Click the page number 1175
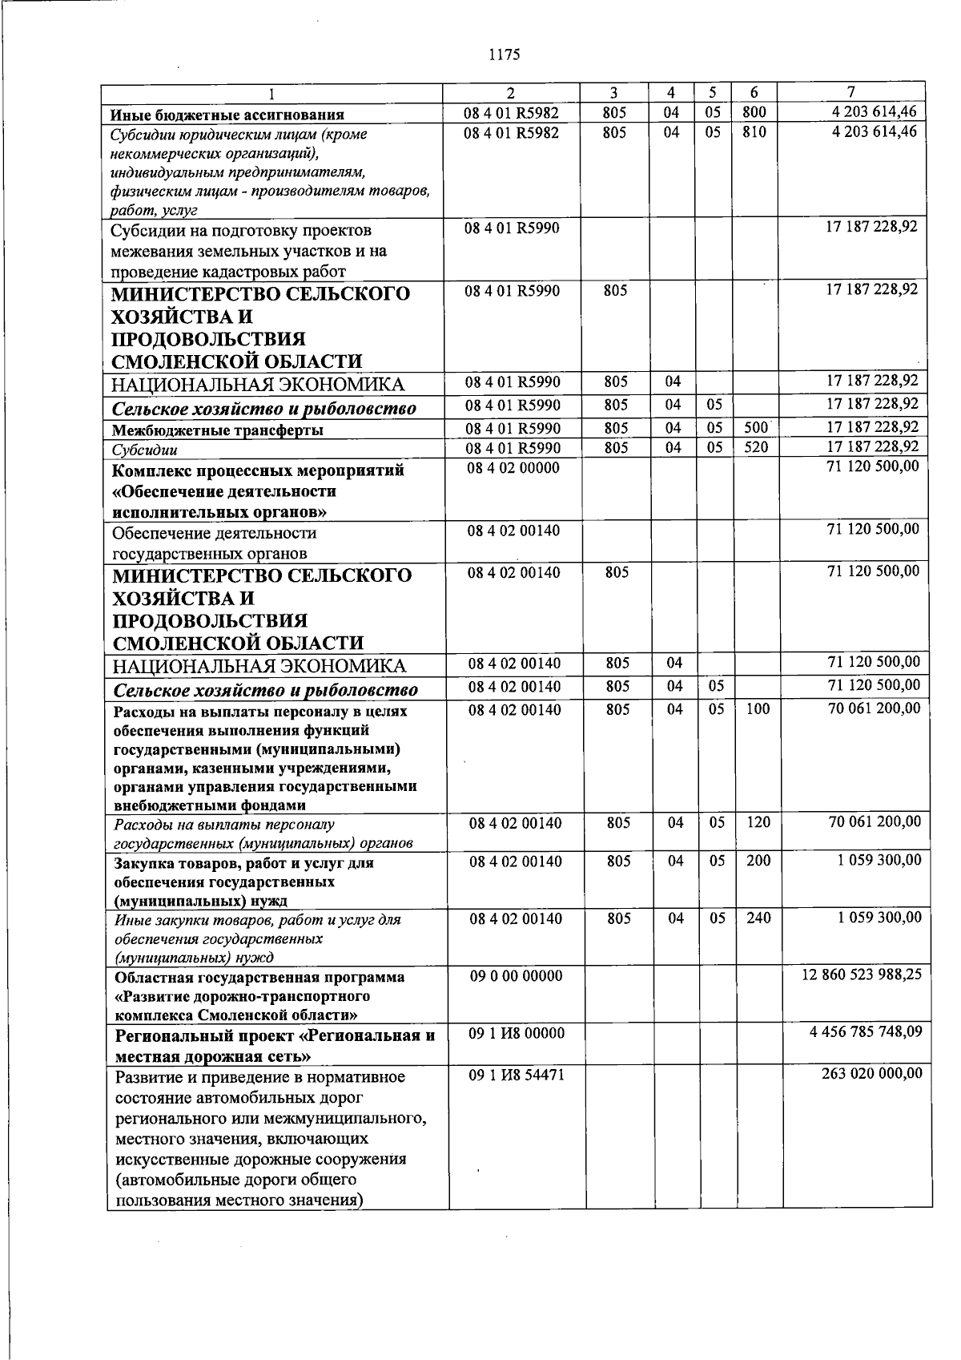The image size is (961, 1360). tap(505, 54)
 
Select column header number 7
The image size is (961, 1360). tap(851, 92)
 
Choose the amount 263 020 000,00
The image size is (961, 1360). tap(871, 1074)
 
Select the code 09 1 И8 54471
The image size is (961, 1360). tap(517, 1075)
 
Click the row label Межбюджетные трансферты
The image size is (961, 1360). tap(218, 430)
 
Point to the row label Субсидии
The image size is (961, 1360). tap(145, 450)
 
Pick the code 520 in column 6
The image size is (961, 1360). tap(756, 447)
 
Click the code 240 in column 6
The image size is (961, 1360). tap(758, 918)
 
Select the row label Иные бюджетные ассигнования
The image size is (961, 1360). tap(227, 115)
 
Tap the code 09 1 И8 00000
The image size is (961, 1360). tap(517, 1034)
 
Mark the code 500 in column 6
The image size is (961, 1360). tap(756, 428)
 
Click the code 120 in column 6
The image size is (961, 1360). tap(758, 822)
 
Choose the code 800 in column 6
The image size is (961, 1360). tap(754, 113)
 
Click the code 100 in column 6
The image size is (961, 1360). tap(758, 708)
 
